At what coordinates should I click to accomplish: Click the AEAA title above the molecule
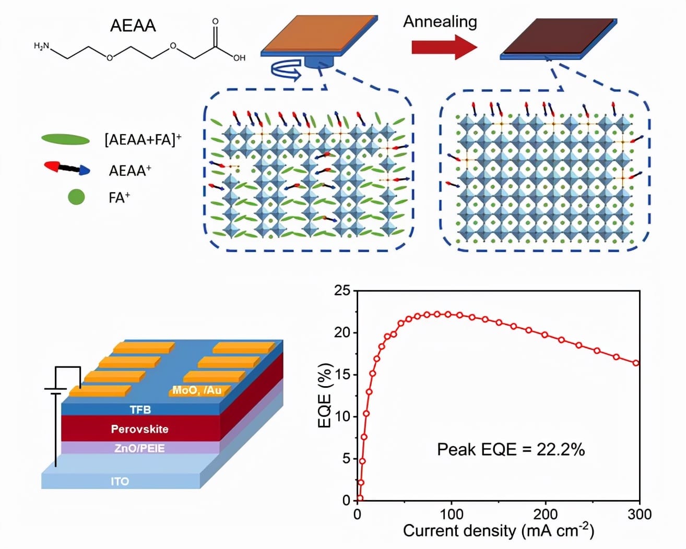133,26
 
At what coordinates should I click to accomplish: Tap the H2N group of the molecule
41,46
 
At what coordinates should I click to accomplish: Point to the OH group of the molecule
239,57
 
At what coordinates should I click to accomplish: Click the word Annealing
440,21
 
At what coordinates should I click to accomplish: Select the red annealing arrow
444,47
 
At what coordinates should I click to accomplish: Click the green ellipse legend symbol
65,139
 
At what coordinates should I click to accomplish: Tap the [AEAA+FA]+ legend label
143,139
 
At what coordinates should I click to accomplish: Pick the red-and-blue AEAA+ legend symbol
67,168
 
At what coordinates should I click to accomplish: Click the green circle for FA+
76,197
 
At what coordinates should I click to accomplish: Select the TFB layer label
140,410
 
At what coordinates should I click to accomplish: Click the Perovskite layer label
139,429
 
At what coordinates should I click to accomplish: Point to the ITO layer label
120,481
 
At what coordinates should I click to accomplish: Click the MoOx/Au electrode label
197,390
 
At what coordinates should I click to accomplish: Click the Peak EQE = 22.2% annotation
510,449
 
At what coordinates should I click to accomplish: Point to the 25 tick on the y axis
342,291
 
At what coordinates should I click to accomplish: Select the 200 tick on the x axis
546,515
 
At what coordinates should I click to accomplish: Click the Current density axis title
498,531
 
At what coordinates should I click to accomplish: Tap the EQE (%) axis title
325,396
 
